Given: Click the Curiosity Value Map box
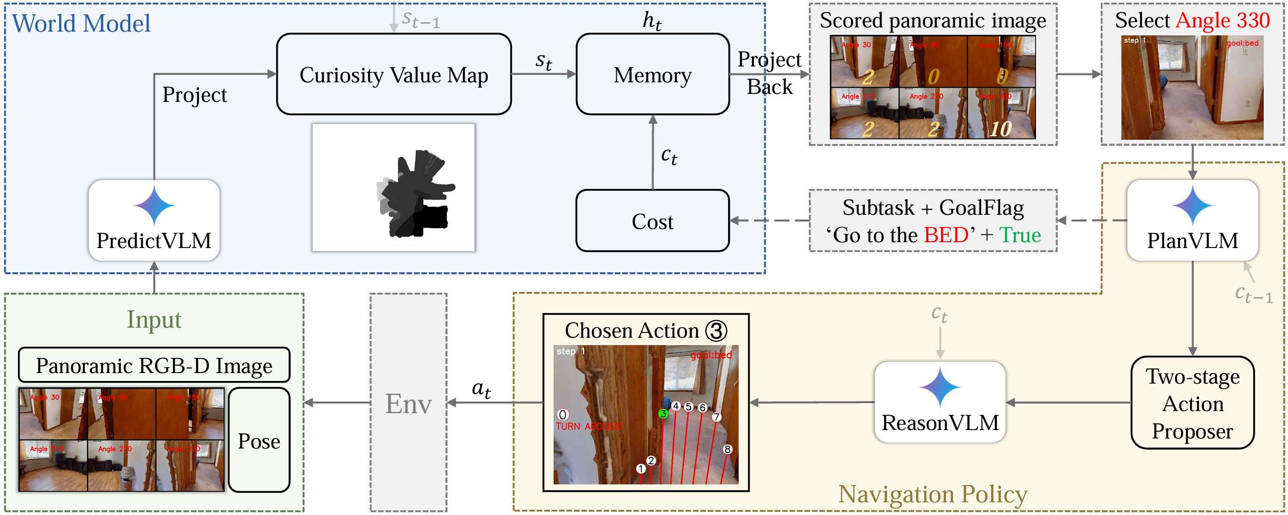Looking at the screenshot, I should point(393,74).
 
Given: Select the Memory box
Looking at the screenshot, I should point(652,74).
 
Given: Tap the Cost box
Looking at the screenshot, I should point(652,221).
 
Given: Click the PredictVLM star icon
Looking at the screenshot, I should point(154,205).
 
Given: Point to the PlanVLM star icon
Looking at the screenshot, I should point(1192,205).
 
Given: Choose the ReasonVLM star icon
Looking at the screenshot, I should point(940,387).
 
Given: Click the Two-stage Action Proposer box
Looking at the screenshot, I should point(1192,403).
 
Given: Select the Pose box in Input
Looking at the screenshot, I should point(259,440).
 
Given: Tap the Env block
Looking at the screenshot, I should point(408,403).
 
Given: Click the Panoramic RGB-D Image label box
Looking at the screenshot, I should point(154,365).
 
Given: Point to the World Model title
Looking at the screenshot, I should point(81,23).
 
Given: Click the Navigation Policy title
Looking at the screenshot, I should point(932,494).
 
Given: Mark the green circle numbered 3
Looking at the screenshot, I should point(663,414).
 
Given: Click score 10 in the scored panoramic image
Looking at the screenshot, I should point(1000,128).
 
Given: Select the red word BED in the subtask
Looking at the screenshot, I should point(946,235).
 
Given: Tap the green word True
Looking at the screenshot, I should point(1020,235).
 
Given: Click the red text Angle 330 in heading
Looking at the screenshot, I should point(1223,20).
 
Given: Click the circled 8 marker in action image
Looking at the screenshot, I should point(728,449).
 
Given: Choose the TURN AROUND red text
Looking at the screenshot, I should point(589,426).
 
